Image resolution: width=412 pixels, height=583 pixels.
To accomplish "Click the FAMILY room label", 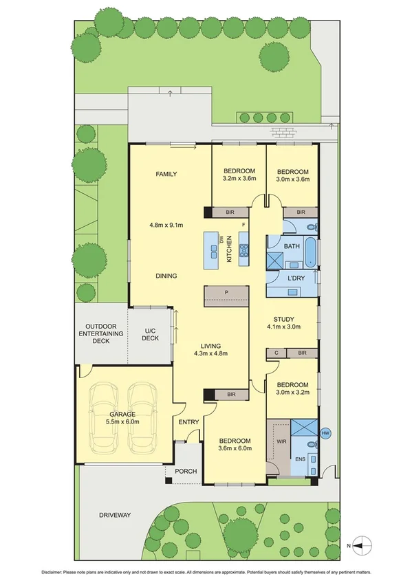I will tap(166, 174).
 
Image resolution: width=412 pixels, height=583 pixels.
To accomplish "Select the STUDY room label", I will tap(283, 319).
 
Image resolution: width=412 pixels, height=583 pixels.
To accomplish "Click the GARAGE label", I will tap(122, 414).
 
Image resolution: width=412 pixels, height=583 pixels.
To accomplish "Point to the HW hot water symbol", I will tap(325, 433).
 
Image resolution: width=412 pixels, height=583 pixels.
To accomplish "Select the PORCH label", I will tap(186, 471).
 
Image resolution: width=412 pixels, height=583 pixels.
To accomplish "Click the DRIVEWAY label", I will tap(115, 514).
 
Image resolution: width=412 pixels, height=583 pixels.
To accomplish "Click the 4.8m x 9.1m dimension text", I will tap(166, 225).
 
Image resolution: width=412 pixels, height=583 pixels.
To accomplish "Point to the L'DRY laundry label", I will tap(296, 278).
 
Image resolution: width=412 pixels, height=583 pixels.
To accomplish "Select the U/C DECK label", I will tap(151, 335).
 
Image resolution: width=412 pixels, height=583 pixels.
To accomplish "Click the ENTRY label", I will tap(188, 422).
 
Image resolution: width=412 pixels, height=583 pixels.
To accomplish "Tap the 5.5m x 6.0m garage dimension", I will tap(121, 422).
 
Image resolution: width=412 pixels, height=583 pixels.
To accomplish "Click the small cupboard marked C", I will tap(276, 353).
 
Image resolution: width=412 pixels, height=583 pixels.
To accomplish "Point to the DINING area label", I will tap(166, 276).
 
